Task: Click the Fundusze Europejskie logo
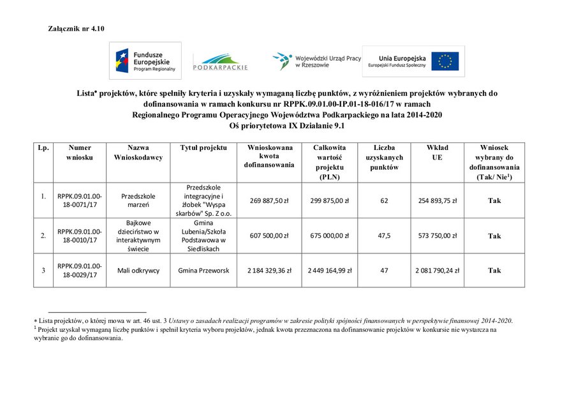click(145, 61)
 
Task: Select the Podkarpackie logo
click(220, 63)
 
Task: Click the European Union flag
click(445, 61)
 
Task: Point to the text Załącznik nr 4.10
click(76, 29)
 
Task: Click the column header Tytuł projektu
click(203, 148)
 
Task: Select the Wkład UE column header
click(437, 153)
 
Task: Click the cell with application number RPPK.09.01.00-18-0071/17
click(80, 200)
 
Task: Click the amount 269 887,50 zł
click(269, 200)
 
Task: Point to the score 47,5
click(384, 236)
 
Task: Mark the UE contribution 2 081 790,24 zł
click(437, 270)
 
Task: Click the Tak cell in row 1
click(494, 200)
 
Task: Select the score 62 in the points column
click(384, 200)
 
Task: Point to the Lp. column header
click(43, 148)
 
